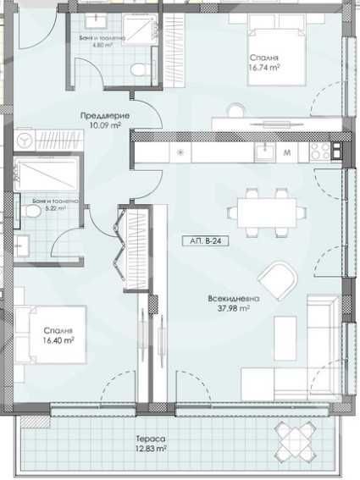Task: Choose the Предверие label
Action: coord(100,116)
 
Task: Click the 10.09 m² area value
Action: coord(100,125)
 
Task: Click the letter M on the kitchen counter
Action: coord(288,153)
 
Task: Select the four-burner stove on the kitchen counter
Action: coord(321,152)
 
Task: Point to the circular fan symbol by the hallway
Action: coord(25,139)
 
